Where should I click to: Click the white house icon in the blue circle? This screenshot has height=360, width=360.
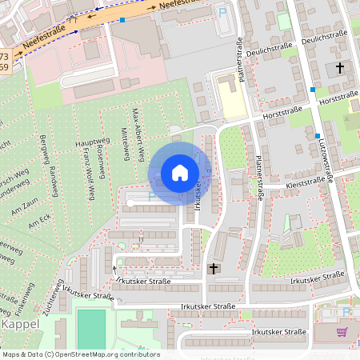click(x=180, y=173)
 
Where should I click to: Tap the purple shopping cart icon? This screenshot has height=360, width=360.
click(x=342, y=332)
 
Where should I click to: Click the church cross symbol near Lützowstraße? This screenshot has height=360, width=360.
click(x=340, y=69)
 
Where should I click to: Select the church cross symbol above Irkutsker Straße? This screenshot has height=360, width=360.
click(x=213, y=269)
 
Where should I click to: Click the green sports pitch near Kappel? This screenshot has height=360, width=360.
click(x=91, y=329)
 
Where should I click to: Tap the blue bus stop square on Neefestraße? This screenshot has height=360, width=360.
click(x=122, y=18)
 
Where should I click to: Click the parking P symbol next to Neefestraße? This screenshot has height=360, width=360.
click(x=222, y=12)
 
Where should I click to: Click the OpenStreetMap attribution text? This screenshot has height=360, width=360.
click(x=80, y=354)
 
